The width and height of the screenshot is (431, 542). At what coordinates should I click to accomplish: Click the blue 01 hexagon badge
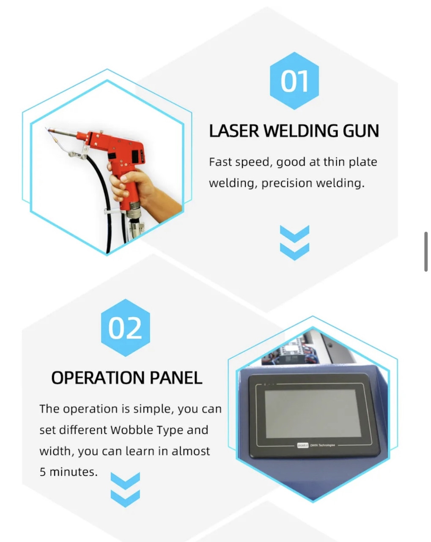[x=294, y=80]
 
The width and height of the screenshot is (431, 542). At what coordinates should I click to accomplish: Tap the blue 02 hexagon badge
[x=125, y=327]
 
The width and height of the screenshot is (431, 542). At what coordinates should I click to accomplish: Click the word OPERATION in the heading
[x=98, y=378]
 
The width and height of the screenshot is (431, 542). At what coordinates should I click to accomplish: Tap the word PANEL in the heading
[x=176, y=378]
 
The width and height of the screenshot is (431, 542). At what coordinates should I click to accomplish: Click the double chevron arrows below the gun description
[x=294, y=243]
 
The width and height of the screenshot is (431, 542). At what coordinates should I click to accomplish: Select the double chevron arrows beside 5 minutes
[x=125, y=489]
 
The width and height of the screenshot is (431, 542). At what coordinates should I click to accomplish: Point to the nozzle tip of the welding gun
[x=48, y=130]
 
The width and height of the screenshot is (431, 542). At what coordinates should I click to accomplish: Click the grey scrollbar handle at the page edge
[x=426, y=252]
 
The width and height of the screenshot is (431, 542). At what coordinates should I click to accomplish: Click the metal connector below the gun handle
[x=133, y=210]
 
